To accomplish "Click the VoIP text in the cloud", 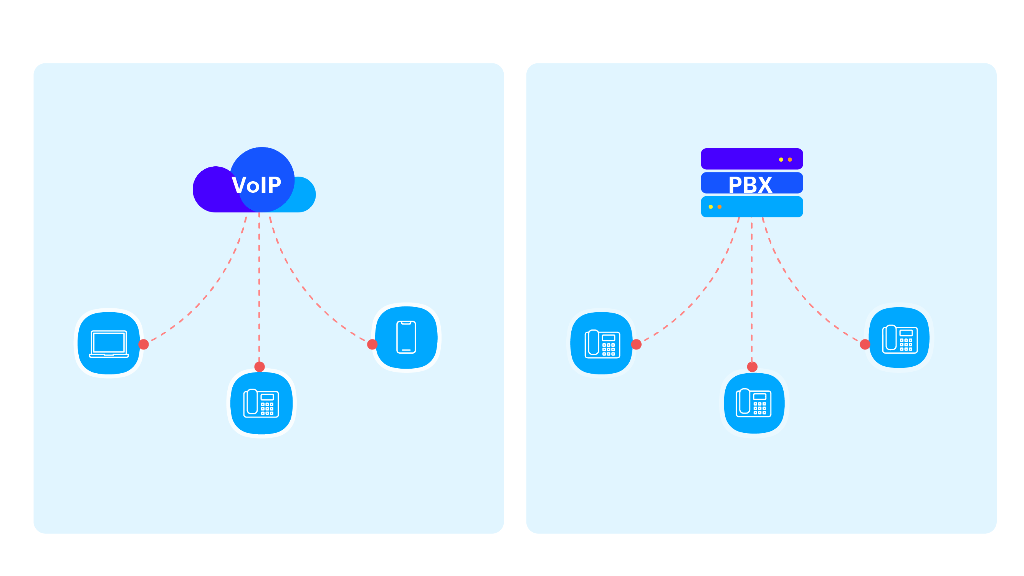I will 256,185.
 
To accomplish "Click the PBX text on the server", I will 750,185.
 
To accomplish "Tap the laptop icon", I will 109,343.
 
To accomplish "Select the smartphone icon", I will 406,337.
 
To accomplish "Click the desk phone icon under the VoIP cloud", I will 261,403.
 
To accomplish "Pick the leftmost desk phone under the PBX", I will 602,343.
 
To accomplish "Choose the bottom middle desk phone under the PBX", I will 754,403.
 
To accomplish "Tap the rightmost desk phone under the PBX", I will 900,339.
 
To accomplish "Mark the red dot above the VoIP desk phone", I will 260,366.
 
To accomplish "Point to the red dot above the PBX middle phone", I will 752,366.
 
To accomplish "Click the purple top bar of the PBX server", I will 735,159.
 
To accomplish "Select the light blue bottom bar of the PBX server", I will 763,207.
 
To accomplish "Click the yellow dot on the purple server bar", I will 781,160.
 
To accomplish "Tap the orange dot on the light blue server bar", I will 720,207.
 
